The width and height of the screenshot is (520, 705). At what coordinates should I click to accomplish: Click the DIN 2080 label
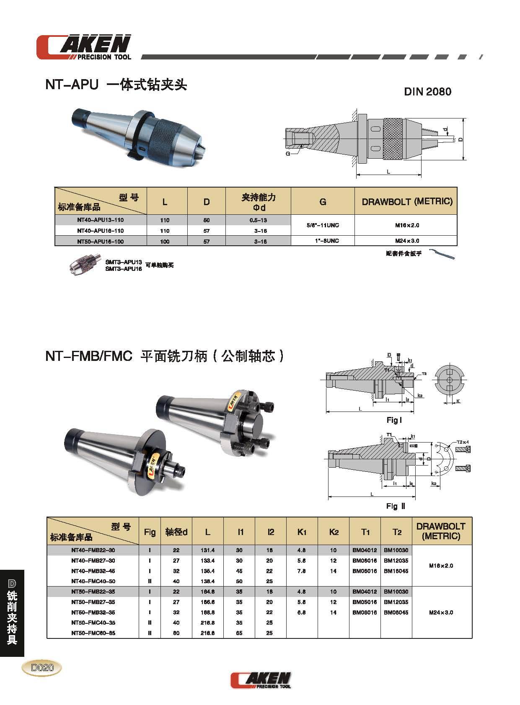coord(427,92)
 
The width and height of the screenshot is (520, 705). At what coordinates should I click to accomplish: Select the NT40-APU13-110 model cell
coord(100,220)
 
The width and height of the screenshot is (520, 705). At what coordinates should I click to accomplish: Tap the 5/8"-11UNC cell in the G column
coord(323,225)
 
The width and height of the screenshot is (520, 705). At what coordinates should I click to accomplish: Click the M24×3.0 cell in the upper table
coord(406,241)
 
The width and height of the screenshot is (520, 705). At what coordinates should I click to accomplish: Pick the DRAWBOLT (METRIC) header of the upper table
coord(407,201)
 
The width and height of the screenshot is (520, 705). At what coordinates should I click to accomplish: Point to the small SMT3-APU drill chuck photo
coord(85,265)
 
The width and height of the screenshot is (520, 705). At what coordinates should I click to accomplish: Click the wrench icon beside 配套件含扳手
coord(443,255)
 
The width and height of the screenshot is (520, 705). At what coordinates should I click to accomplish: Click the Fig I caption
coord(394,420)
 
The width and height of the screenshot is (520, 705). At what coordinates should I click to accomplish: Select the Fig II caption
coord(396,506)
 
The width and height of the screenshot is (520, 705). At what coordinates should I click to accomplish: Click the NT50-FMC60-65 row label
coord(93,633)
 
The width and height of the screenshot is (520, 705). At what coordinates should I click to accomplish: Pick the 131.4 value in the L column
coord(207,550)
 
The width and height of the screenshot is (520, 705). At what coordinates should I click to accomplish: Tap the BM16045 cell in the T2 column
coord(396,571)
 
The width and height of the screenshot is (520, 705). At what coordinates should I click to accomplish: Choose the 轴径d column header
coord(176,532)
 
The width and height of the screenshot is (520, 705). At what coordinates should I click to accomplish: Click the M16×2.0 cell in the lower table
coord(441,566)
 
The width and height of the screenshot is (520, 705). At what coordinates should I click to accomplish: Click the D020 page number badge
coord(42,667)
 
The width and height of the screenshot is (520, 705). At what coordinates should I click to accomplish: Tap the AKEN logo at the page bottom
coord(260,680)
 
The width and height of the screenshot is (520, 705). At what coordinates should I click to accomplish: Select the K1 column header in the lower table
coord(302,532)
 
